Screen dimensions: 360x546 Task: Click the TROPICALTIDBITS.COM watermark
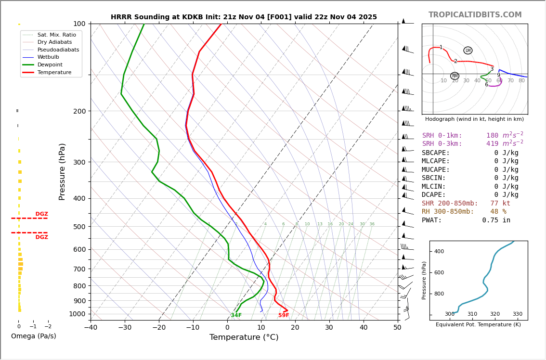click(x=475, y=15)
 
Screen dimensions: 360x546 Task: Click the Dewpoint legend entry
click(x=54, y=64)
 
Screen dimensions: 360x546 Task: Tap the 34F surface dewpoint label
click(x=236, y=315)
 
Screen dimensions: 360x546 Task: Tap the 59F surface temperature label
click(x=284, y=315)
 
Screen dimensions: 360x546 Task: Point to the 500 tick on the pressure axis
click(x=79, y=227)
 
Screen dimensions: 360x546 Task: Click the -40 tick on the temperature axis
click(x=91, y=328)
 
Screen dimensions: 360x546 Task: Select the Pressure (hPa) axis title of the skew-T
click(x=62, y=171)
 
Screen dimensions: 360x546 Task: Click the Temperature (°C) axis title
click(x=244, y=337)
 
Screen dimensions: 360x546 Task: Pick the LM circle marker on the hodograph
click(x=468, y=51)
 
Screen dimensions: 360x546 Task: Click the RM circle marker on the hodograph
click(x=455, y=76)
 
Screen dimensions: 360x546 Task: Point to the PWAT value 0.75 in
click(x=496, y=220)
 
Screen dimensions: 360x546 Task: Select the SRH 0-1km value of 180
click(x=492, y=136)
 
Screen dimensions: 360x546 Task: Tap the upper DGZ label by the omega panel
click(x=41, y=214)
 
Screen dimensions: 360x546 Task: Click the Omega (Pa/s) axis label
click(x=33, y=336)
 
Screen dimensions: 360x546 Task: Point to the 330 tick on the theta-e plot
click(x=517, y=314)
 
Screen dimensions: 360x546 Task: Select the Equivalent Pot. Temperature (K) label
click(x=478, y=325)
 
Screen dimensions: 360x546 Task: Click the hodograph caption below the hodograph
click(x=474, y=119)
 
